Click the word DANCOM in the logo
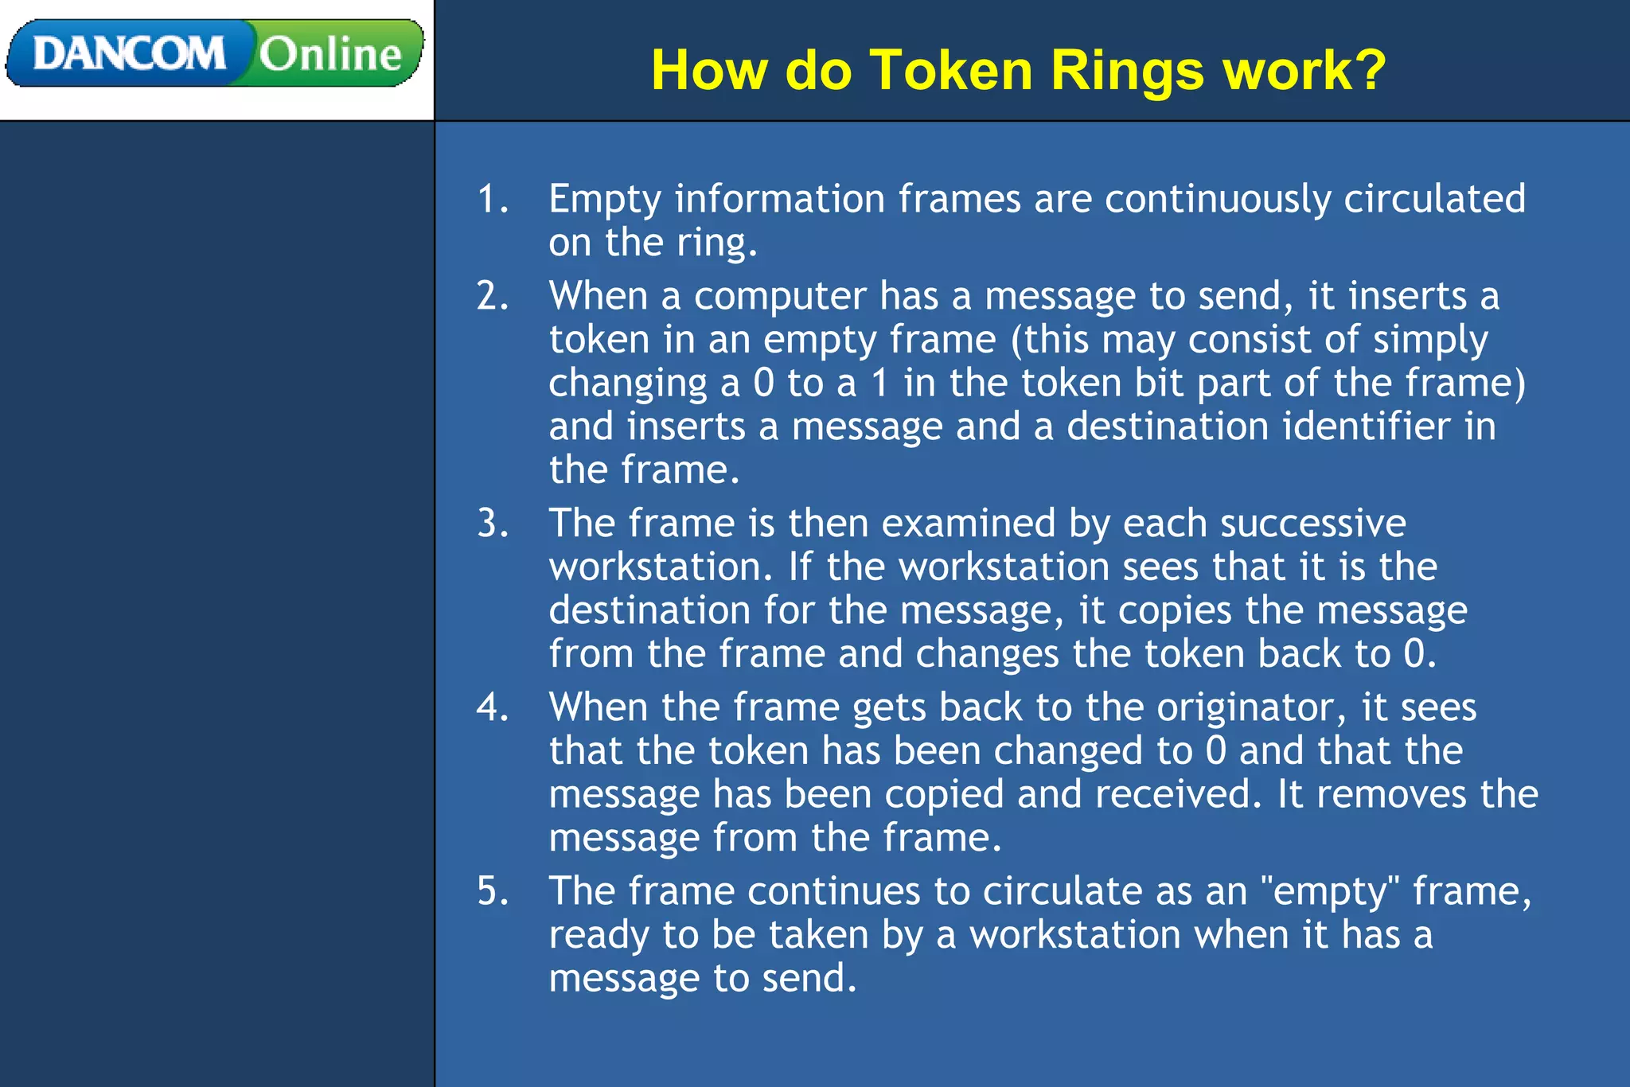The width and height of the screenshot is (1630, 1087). (129, 54)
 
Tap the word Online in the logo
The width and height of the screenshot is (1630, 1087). (330, 54)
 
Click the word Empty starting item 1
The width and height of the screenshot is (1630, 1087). (605, 200)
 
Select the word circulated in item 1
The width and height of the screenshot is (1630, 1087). (1434, 198)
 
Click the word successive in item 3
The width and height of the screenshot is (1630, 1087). (1312, 524)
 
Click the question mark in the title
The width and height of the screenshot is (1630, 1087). (1368, 70)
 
